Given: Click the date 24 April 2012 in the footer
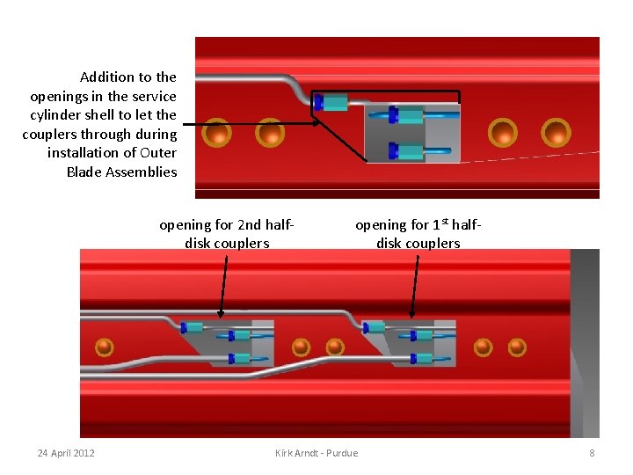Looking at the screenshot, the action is [x=66, y=453].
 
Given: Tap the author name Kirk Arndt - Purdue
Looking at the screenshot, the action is [x=316, y=453].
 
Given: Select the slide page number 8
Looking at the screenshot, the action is [x=592, y=453].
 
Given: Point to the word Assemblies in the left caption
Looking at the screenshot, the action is [x=142, y=172].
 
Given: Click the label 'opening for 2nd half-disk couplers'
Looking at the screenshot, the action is [x=227, y=234].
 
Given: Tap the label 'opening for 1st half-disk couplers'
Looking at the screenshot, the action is [x=418, y=234].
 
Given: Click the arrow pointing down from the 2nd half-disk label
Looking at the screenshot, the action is [x=223, y=287].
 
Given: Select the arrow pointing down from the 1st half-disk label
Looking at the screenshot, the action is [x=415, y=287].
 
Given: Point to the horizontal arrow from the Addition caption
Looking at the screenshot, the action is [x=251, y=124].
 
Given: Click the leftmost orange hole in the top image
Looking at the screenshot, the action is [x=217, y=133].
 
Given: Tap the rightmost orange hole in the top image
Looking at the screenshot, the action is [x=556, y=133].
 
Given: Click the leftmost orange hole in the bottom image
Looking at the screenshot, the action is [x=104, y=347].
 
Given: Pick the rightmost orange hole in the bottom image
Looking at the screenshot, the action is [x=517, y=347].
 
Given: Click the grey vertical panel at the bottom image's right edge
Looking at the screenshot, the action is [x=585, y=343].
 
